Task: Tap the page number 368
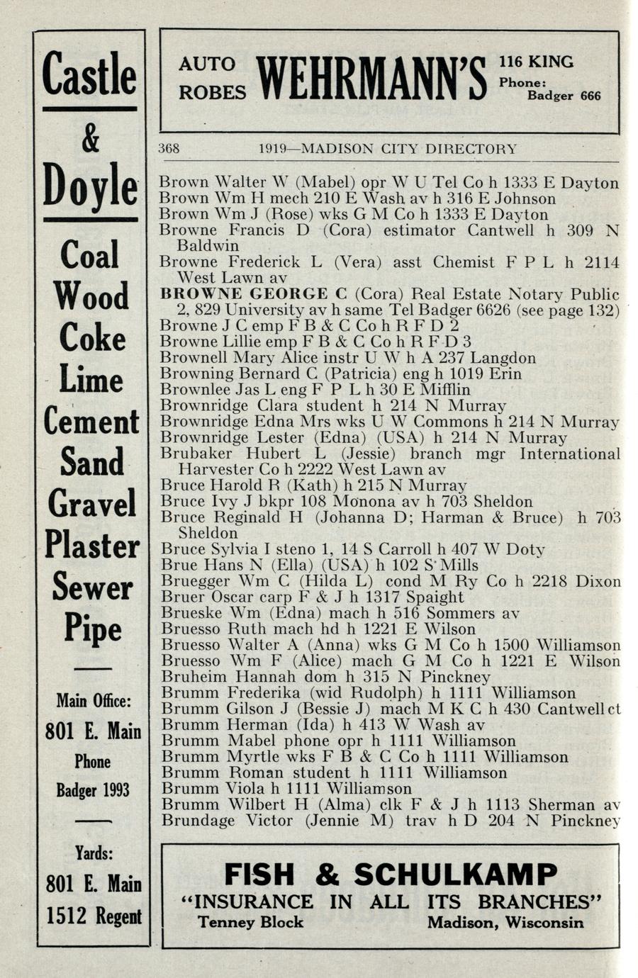tap(169, 149)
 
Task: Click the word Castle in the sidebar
tap(89, 74)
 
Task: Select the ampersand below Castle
tap(90, 139)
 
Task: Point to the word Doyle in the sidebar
tap(90, 185)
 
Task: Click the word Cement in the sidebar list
tap(91, 422)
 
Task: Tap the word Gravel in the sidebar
tap(91, 504)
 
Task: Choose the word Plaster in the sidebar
tap(91, 545)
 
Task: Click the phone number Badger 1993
tap(92, 789)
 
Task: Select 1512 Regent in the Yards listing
tap(94, 916)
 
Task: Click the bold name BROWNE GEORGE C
tap(254, 294)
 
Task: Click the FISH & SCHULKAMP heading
tap(391, 874)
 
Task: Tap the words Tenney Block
tap(250, 922)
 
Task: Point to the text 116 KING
tap(536, 62)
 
